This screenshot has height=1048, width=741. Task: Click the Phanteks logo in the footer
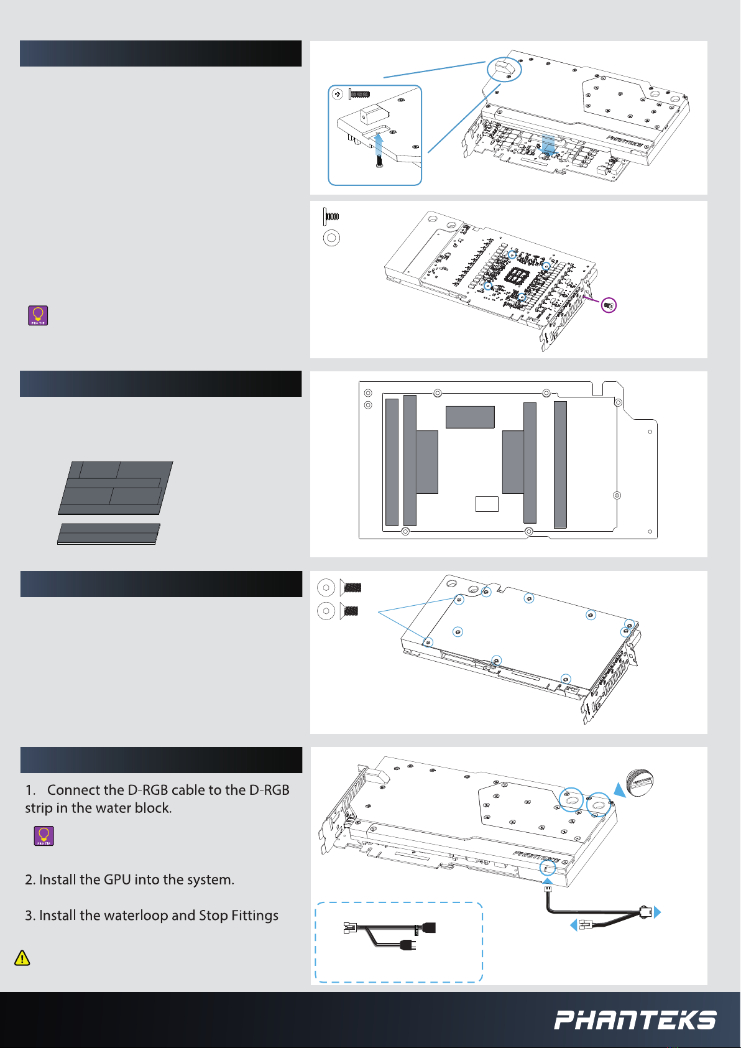click(x=635, y=1020)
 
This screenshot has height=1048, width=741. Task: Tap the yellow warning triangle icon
click(x=22, y=958)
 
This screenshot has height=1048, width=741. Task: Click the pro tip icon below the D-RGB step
click(x=44, y=836)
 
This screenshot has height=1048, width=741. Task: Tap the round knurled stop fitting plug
click(x=640, y=782)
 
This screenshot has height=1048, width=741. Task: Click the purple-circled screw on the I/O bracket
click(x=609, y=305)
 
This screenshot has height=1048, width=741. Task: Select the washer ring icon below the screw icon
click(x=332, y=238)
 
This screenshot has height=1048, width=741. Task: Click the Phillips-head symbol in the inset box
click(x=338, y=94)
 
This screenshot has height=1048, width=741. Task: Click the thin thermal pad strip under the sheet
click(x=108, y=534)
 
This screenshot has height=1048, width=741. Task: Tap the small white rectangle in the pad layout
click(x=487, y=504)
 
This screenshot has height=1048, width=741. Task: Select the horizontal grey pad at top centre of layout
click(x=470, y=417)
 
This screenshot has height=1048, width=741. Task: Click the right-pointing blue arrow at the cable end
click(x=658, y=912)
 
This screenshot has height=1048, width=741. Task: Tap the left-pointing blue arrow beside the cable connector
click(x=573, y=925)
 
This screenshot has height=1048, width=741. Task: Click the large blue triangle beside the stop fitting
click(x=619, y=790)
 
